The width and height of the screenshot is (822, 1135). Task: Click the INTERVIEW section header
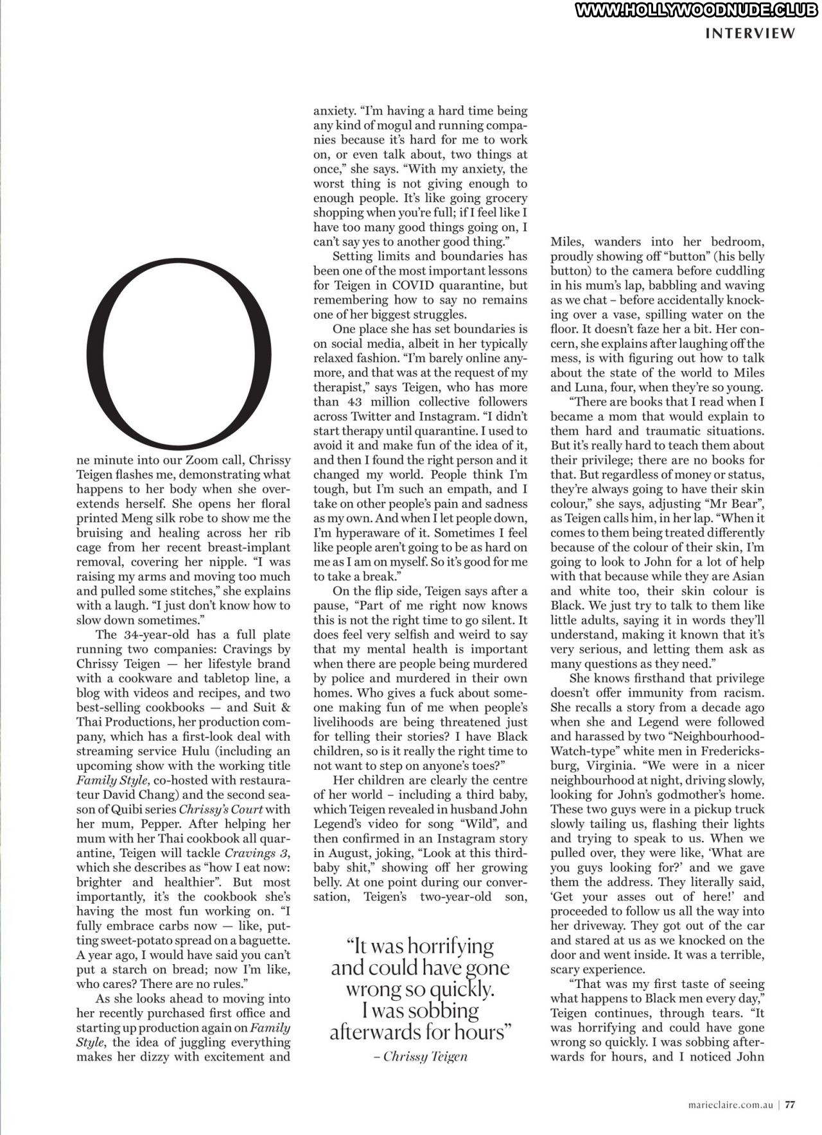click(750, 33)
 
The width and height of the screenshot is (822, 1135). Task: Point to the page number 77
click(790, 1105)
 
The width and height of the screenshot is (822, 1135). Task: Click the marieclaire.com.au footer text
click(728, 1105)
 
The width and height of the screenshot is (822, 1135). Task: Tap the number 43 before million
click(350, 402)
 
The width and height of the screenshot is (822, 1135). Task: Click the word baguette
click(261, 940)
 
